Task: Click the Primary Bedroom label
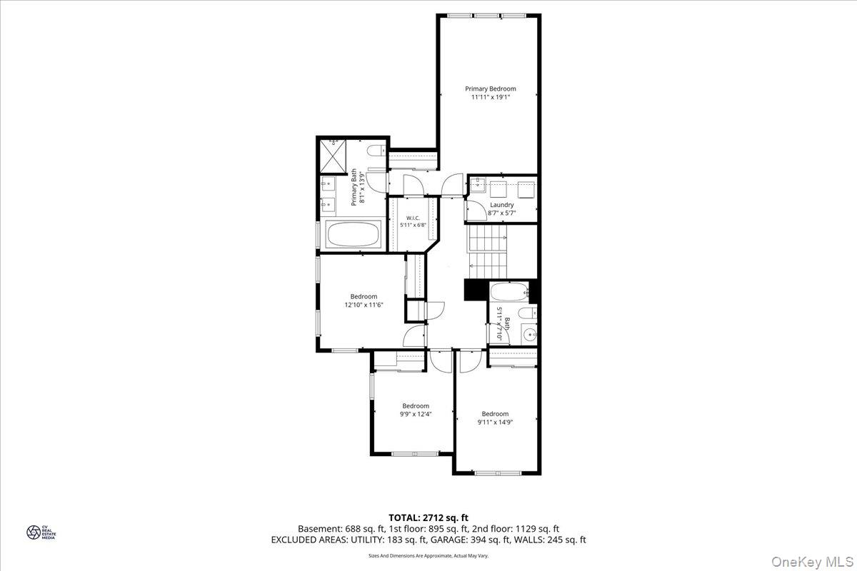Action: pyautogui.click(x=490, y=89)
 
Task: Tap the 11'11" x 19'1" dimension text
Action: pyautogui.click(x=490, y=98)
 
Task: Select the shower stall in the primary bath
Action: pyautogui.click(x=331, y=156)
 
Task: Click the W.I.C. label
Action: pyautogui.click(x=413, y=218)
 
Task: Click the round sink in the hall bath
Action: pyautogui.click(x=529, y=333)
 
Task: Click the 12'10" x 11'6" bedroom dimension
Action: pyautogui.click(x=364, y=305)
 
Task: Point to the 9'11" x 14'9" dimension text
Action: pyautogui.click(x=495, y=422)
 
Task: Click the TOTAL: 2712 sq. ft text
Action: pyautogui.click(x=428, y=517)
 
